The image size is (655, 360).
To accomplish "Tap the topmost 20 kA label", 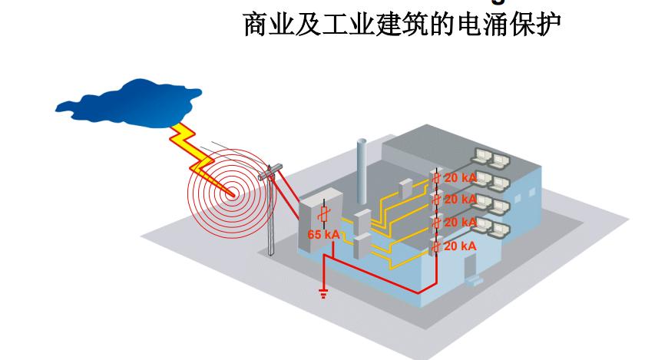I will point(461,178).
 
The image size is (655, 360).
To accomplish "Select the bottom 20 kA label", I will point(461,246).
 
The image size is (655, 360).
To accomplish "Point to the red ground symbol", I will point(323,292).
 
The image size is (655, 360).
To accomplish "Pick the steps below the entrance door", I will point(476,279).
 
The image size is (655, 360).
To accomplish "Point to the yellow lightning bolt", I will point(196,150).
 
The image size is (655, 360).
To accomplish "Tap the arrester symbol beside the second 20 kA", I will point(435,200).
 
